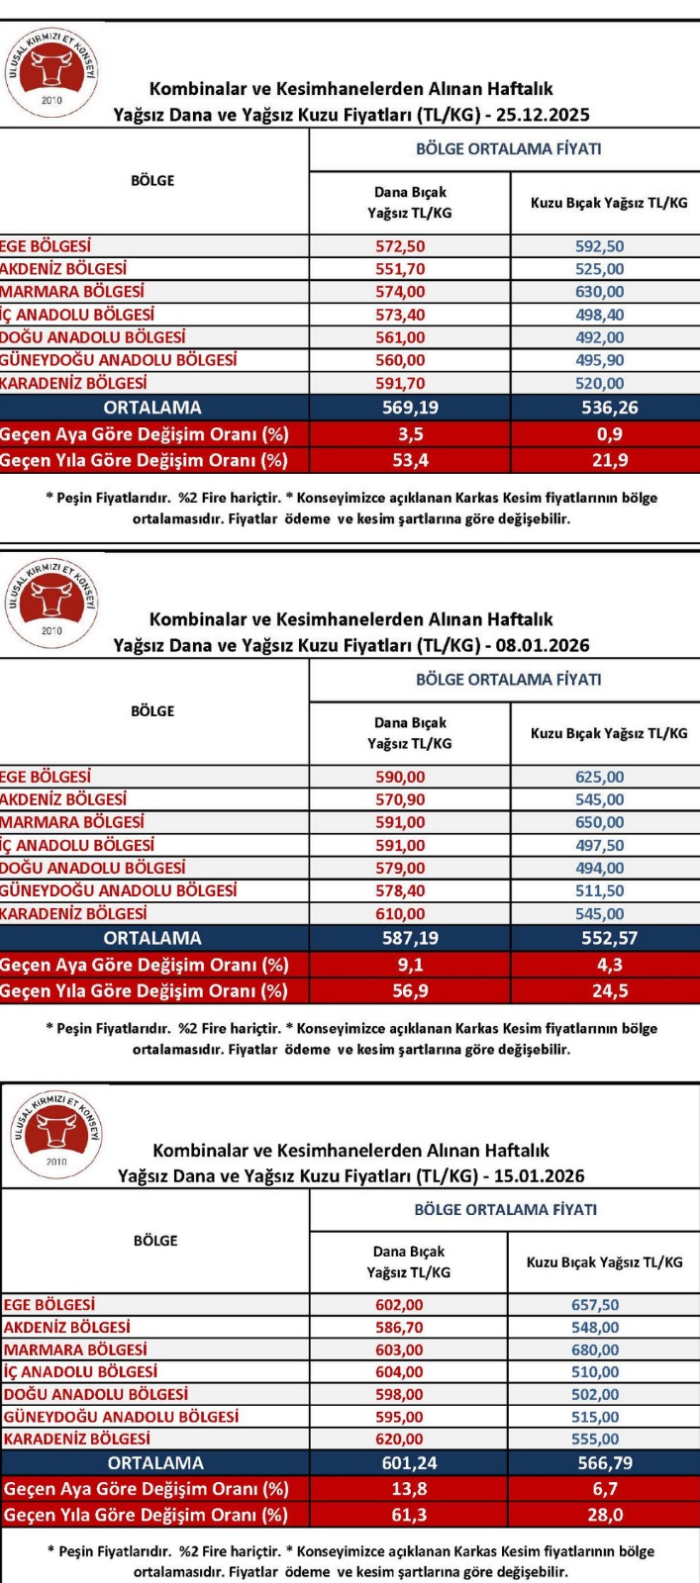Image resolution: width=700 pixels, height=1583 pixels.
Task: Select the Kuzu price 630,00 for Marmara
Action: click(600, 292)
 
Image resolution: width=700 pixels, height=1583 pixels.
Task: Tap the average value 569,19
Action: click(410, 408)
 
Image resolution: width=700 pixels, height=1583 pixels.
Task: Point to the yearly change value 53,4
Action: click(410, 460)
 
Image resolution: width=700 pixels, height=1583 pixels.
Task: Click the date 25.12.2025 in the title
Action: click(543, 115)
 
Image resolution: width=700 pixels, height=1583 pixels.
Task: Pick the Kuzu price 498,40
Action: click(600, 315)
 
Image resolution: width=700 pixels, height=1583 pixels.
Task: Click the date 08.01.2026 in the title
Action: click(543, 646)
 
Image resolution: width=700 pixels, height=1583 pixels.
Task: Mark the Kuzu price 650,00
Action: click(600, 822)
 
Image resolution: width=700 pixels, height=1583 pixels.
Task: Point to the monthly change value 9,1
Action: click(410, 965)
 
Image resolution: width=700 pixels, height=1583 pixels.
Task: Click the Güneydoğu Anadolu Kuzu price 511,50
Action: click(600, 890)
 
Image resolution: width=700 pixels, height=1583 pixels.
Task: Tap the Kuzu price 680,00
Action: click(595, 1350)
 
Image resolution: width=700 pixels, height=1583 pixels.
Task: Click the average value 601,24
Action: click(409, 1463)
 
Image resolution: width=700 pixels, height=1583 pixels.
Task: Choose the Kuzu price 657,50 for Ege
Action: click(595, 1305)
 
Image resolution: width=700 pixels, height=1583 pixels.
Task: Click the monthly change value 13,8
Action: click(409, 1489)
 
